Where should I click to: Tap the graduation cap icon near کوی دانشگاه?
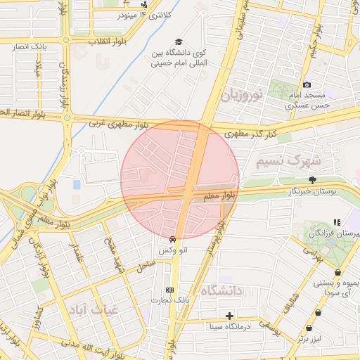click(179, 42)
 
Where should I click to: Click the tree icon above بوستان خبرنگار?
click(312, 180)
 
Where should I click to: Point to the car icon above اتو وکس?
click(173, 239)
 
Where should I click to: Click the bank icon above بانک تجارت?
click(169, 290)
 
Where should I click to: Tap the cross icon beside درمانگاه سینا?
click(229, 316)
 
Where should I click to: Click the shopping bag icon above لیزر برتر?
click(310, 328)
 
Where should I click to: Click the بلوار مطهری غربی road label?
click(118, 124)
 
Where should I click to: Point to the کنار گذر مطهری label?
click(250, 133)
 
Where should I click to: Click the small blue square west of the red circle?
click(77, 184)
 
